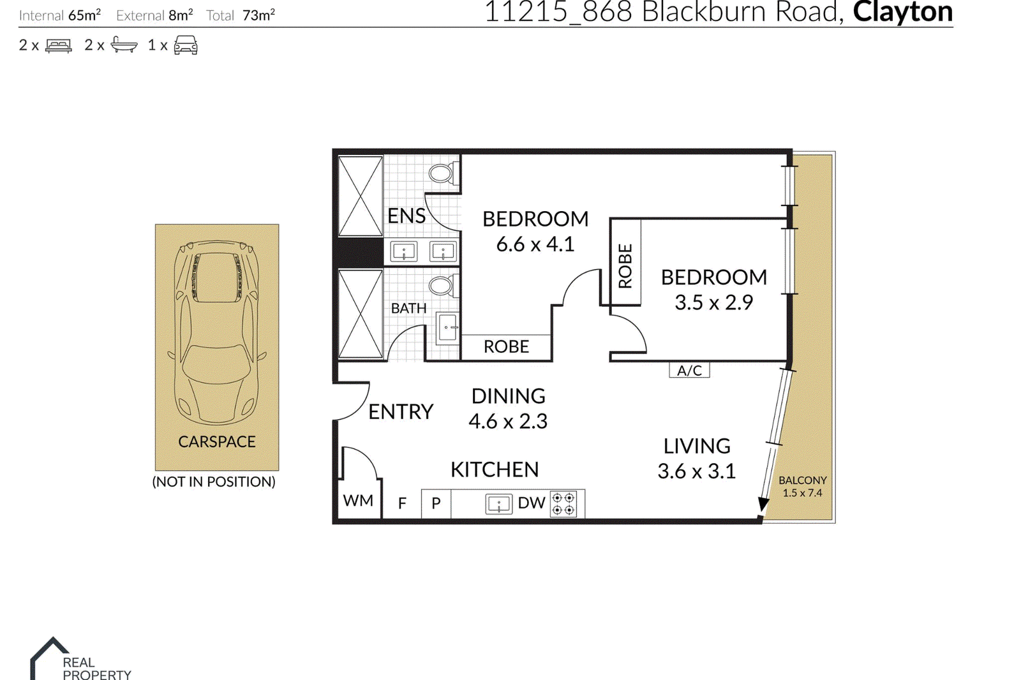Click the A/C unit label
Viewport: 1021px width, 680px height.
tap(689, 370)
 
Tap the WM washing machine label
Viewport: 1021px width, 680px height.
tap(358, 500)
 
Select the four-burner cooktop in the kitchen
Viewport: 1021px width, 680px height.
tap(563, 503)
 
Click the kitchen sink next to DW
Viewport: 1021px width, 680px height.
tap(498, 504)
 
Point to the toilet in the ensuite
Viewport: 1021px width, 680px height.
tap(443, 174)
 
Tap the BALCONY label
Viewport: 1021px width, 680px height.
tap(803, 480)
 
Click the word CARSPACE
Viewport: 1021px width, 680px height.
tap(217, 441)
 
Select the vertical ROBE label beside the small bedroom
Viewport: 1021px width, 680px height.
tap(625, 266)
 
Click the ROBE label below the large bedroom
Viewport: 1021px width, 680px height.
tap(507, 347)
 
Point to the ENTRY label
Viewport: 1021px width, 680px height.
tap(401, 412)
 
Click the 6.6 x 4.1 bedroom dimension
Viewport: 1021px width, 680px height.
tap(535, 245)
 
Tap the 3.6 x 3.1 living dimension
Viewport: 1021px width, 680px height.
tap(696, 471)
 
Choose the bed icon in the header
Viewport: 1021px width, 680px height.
tap(58, 45)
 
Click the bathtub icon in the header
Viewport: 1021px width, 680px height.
tap(124, 45)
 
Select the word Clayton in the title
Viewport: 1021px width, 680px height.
tap(903, 11)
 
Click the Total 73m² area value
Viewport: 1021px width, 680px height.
tap(258, 15)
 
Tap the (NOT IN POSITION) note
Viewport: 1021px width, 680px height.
tap(214, 482)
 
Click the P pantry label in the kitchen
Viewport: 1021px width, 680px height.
tap(436, 503)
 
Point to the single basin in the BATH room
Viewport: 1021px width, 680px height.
tap(447, 327)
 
